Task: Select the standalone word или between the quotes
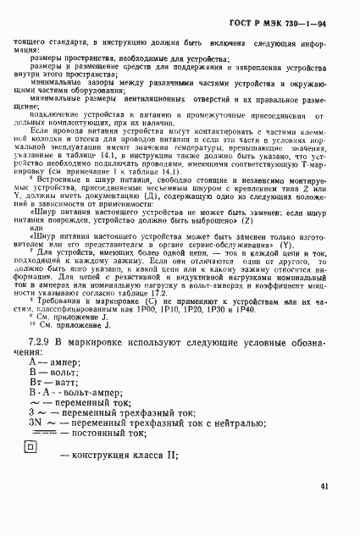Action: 58,225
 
